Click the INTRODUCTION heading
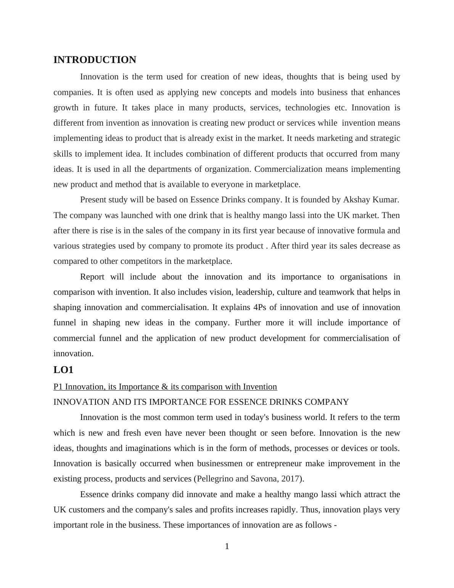[x=95, y=60]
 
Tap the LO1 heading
[x=63, y=370]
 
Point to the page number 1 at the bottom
[x=227, y=547]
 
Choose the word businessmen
[x=219, y=464]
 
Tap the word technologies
[x=307, y=108]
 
